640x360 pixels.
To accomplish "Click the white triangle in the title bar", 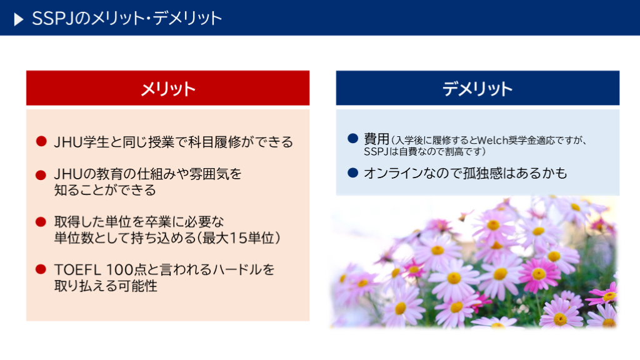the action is tap(18, 19).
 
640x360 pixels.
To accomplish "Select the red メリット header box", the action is tap(167, 88).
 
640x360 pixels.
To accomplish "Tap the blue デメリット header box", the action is tap(477, 88).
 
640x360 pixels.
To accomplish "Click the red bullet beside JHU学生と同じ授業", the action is tap(41, 141).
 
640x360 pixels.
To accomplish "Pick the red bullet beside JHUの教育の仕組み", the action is tap(41, 175).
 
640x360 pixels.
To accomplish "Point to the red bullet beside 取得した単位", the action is tap(41, 222).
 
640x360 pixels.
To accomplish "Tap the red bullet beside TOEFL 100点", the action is tap(41, 269).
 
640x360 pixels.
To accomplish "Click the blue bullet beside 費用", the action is tap(352, 138).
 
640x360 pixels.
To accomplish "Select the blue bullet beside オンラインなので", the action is tap(352, 172).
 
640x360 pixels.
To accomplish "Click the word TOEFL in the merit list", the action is tap(77, 270).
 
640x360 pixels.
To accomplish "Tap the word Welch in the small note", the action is tap(492, 141).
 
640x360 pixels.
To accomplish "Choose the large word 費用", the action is tap(377, 139).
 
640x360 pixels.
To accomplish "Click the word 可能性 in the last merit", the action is tap(137, 286).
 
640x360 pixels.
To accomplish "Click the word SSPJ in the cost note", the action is tap(376, 152).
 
